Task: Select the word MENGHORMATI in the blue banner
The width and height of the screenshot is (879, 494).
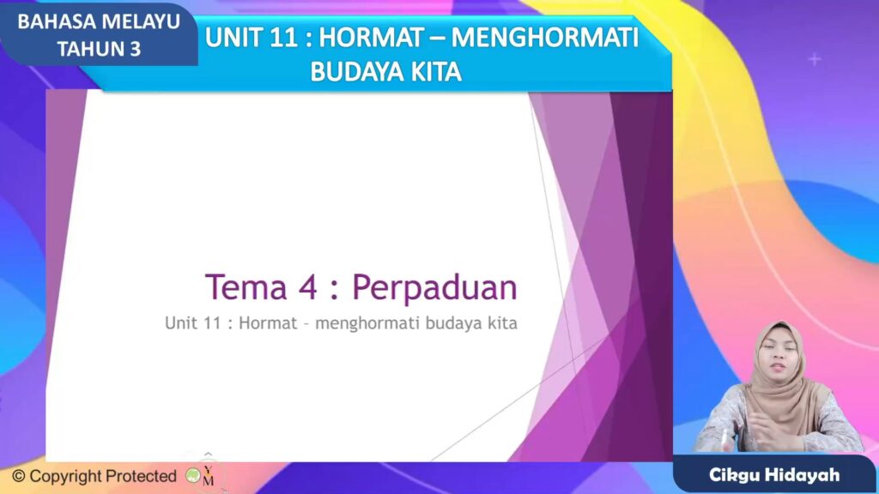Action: pos(547,39)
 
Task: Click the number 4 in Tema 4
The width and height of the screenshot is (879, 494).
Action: pos(307,287)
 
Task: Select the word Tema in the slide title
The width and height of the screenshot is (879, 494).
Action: pos(246,287)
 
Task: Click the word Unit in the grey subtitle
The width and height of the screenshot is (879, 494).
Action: pos(180,325)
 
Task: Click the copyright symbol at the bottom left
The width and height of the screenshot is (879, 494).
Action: pos(18,476)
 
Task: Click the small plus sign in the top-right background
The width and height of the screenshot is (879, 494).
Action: pos(815,59)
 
